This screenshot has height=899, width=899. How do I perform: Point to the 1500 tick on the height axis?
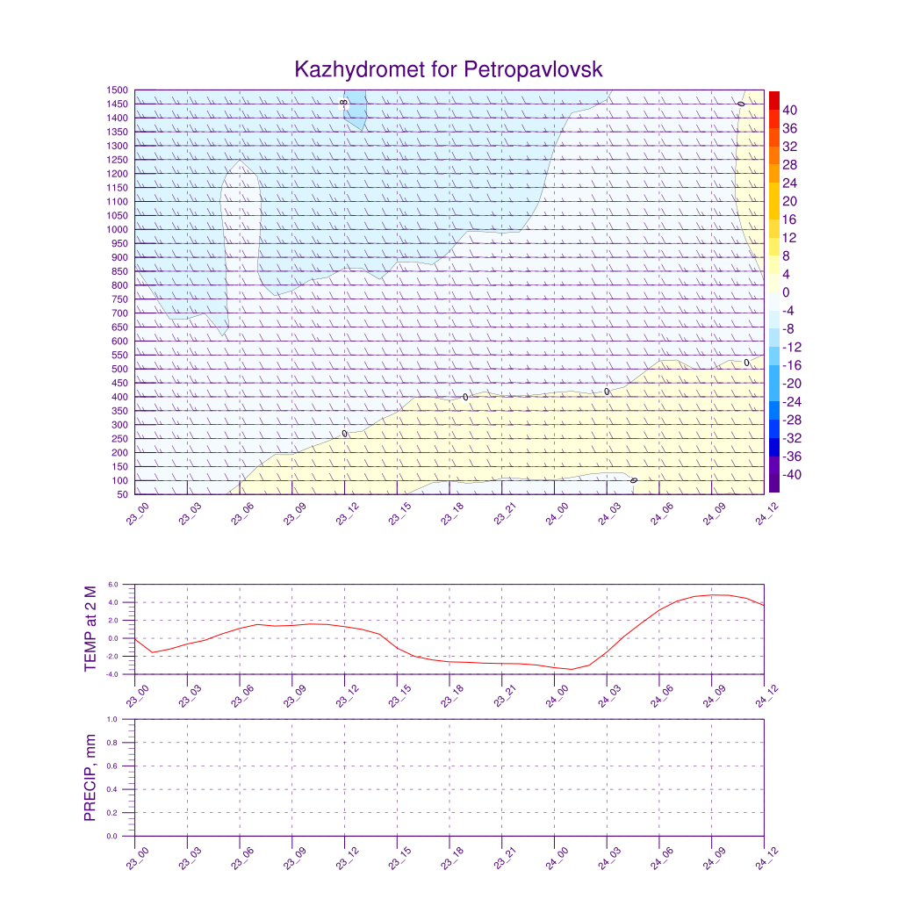click(x=118, y=90)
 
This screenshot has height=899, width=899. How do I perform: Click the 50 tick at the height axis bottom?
click(x=122, y=494)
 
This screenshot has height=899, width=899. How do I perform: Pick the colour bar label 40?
click(x=790, y=110)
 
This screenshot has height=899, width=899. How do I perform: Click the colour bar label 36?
click(x=790, y=128)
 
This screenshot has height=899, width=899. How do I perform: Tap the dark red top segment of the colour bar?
click(x=773, y=99)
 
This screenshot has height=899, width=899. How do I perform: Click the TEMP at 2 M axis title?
click(x=90, y=629)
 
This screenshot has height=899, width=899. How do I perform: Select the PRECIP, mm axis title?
click(x=90, y=778)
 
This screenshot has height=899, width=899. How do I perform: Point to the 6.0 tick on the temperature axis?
click(x=112, y=584)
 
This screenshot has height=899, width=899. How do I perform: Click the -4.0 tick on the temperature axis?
click(x=111, y=674)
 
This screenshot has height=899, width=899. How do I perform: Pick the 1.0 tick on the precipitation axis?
click(x=112, y=719)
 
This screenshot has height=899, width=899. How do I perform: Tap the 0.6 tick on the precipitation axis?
click(x=112, y=766)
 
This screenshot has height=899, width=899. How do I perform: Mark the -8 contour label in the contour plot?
click(x=342, y=103)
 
